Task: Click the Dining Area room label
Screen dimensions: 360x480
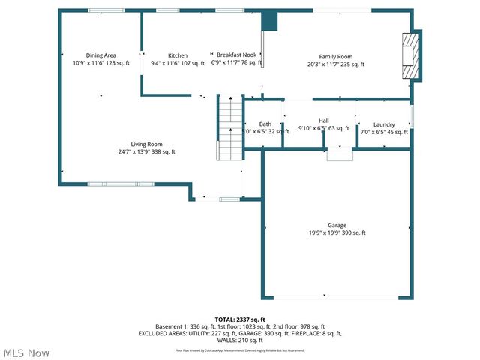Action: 100,55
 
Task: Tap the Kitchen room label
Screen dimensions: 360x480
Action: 178,55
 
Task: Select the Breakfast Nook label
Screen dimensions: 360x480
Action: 236,55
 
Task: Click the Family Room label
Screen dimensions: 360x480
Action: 335,56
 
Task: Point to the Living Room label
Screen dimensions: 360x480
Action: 146,145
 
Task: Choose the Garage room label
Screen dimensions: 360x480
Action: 337,225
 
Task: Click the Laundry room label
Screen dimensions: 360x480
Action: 384,124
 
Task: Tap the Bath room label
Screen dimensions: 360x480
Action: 265,124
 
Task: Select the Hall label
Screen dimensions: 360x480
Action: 324,121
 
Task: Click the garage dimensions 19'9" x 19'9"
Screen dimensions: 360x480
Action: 337,232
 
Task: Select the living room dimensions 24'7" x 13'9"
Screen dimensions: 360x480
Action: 146,152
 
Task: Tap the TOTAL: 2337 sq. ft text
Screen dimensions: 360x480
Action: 240,319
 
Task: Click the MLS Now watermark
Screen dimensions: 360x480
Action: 26,352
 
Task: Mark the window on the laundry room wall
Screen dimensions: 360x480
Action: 411,116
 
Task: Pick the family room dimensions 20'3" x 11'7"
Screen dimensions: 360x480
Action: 335,64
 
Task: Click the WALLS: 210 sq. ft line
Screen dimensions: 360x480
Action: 240,340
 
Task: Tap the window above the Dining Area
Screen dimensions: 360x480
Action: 106,10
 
